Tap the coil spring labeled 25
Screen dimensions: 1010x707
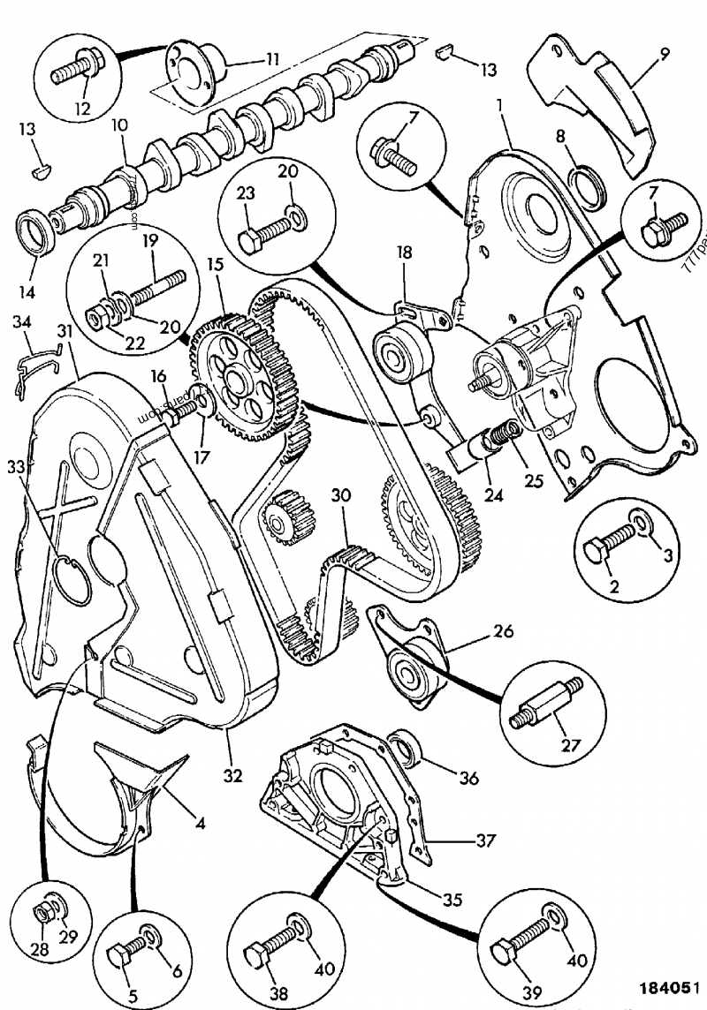[506, 434]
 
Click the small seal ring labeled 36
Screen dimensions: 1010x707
[408, 746]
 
